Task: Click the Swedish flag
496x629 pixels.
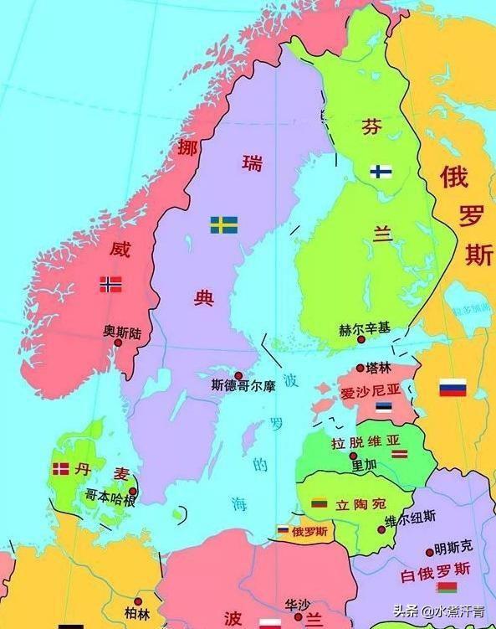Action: coord(223,224)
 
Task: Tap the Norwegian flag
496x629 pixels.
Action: coord(111,284)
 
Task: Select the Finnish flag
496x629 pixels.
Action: coord(382,172)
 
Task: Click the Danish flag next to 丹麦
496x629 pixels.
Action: coord(60,468)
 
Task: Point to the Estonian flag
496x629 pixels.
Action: coord(383,407)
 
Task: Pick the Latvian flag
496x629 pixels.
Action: coord(401,453)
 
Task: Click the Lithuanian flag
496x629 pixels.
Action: coord(319,503)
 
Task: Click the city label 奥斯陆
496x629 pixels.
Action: coord(122,333)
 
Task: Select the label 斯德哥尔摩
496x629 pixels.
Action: coord(243,388)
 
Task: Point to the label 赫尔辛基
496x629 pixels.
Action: coord(364,329)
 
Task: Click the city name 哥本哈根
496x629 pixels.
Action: coord(110,496)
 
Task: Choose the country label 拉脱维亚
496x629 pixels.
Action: coord(366,441)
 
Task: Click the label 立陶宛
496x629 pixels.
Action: coord(360,504)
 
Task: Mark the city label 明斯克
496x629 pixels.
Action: coord(453,548)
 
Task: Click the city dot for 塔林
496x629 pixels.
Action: coord(360,368)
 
